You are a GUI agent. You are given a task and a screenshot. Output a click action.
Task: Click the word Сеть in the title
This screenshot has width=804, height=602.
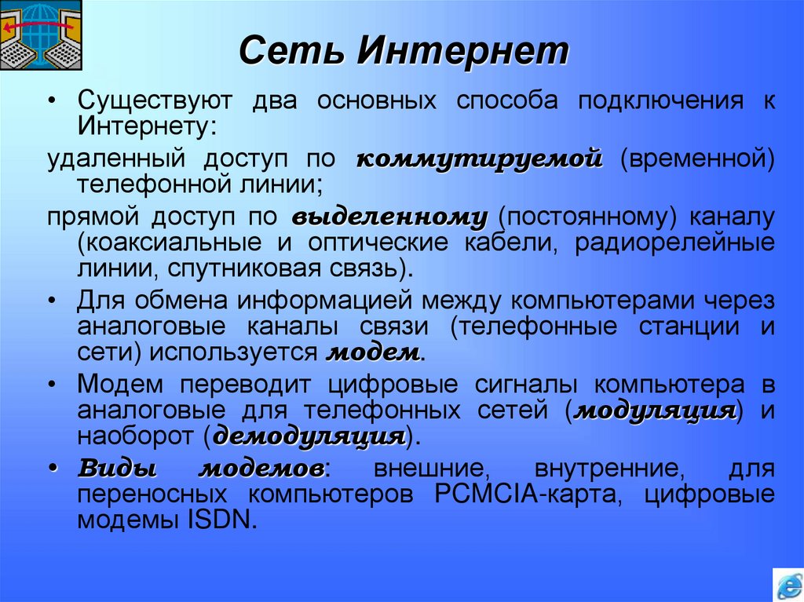tap(290, 53)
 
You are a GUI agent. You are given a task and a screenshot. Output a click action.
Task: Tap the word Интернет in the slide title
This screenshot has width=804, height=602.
tap(464, 53)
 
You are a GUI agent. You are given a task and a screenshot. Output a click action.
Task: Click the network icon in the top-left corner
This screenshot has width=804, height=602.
tap(39, 35)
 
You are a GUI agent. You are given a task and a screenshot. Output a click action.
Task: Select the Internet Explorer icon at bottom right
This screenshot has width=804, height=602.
tap(787, 585)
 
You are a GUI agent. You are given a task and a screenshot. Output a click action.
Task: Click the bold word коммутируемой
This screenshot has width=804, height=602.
tap(479, 159)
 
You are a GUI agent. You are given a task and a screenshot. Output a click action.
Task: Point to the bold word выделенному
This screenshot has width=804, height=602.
tap(389, 217)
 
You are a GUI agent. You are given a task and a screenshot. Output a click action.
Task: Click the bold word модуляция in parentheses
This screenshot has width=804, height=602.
tap(656, 410)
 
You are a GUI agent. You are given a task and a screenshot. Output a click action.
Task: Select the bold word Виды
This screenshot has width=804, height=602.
tap(117, 469)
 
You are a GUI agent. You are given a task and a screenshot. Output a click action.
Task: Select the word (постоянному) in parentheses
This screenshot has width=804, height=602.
tap(587, 217)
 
